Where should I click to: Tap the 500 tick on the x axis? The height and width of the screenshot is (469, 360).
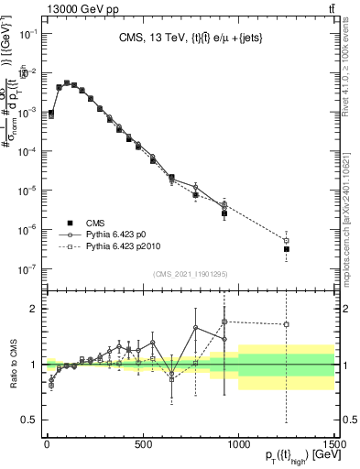pyautogui.click(x=143, y=442)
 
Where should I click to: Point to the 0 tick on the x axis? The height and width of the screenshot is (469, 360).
pyautogui.click(x=47, y=442)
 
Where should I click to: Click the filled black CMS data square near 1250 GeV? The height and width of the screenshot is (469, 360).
pyautogui.click(x=287, y=249)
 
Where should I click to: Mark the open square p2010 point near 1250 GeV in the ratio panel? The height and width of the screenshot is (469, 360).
pyautogui.click(x=287, y=324)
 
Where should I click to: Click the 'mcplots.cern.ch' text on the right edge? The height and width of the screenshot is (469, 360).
pyautogui.click(x=352, y=266)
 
